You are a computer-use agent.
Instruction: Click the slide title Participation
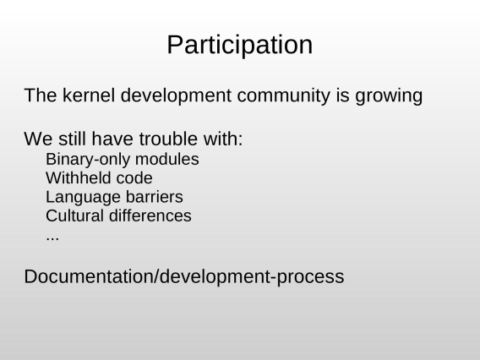(240, 46)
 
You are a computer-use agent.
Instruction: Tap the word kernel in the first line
(89, 95)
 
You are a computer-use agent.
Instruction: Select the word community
(283, 95)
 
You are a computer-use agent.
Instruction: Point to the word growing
(389, 96)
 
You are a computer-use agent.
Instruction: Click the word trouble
(168, 139)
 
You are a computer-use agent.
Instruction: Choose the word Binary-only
(88, 160)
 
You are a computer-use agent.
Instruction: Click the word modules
(166, 159)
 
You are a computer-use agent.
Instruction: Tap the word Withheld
(78, 177)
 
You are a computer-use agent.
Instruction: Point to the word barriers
(155, 197)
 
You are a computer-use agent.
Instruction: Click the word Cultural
(74, 215)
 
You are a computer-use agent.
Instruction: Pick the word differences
(150, 215)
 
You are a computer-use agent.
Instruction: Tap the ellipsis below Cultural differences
(52, 238)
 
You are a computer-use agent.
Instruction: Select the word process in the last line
(310, 277)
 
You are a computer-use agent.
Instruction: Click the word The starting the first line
(41, 95)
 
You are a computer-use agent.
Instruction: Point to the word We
(38, 139)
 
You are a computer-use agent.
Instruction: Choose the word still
(72, 139)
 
